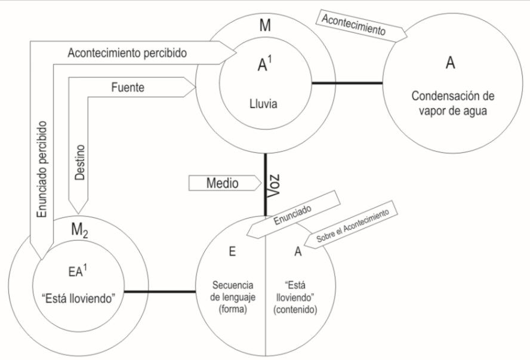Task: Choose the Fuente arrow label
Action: [127, 87]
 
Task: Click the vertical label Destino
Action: [81, 164]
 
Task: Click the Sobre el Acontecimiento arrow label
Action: [352, 227]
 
